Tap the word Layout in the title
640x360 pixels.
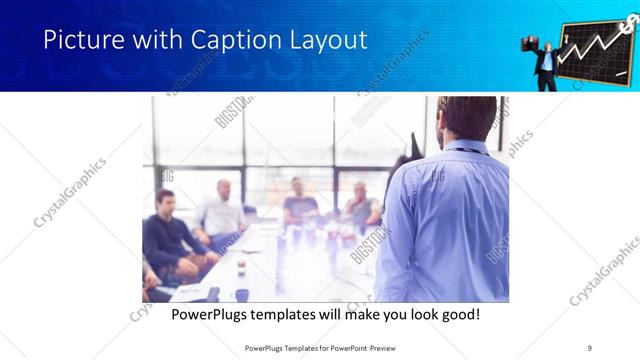(328, 40)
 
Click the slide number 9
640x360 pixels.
(589, 346)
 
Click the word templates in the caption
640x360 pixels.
(300, 314)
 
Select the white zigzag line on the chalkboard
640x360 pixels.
(596, 45)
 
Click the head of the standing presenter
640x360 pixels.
(467, 118)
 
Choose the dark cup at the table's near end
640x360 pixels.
(242, 294)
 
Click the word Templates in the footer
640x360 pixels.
(292, 346)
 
